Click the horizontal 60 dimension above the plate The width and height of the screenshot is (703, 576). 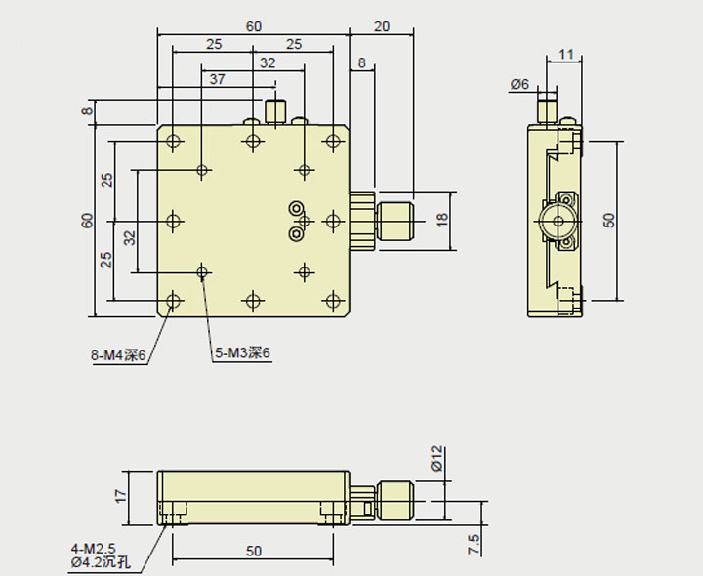click(254, 26)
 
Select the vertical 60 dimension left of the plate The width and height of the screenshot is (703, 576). click(87, 221)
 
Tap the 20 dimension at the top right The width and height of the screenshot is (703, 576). click(382, 26)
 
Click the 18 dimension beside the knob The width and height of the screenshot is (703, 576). click(441, 220)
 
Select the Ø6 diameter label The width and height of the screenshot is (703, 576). click(519, 85)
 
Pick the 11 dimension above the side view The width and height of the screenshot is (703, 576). click(566, 55)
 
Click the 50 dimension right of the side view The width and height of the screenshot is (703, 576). click(610, 220)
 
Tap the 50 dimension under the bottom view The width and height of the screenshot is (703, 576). click(254, 552)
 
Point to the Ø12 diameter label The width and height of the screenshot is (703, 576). click(437, 459)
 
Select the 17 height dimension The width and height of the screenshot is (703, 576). click(121, 496)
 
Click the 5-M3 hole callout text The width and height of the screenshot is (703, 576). click(242, 353)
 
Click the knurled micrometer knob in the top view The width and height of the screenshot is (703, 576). click(394, 221)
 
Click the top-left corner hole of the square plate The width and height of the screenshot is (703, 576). click(174, 142)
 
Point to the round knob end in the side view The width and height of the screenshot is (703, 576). click(558, 222)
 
